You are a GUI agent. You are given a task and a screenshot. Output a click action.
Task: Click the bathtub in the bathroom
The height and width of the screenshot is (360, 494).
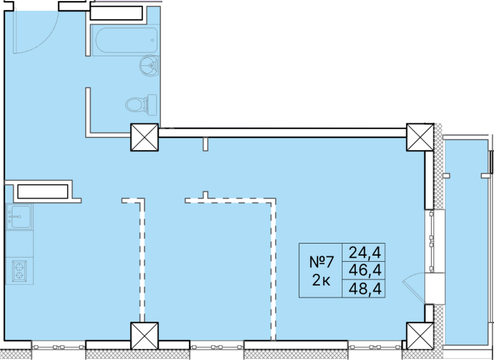point(126,40)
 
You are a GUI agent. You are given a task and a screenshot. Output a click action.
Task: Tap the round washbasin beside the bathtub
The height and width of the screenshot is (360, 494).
point(150,65)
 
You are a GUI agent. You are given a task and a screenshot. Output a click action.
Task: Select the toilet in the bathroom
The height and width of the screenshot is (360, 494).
point(142,104)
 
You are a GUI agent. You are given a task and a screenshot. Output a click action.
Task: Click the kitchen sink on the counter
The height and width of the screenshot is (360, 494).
point(20,217)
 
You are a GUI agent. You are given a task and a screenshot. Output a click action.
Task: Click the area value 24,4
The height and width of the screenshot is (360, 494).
point(365,253)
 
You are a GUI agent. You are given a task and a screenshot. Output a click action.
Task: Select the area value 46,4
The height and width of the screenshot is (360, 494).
point(365,270)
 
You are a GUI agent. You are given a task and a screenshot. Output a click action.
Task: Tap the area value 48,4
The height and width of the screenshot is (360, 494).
point(365,289)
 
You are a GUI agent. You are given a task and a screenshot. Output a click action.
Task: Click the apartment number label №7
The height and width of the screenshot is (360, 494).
point(321,262)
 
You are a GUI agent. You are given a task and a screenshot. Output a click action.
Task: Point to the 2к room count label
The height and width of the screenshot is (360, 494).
point(321,280)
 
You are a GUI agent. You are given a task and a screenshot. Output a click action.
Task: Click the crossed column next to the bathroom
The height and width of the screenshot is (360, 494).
point(145,137)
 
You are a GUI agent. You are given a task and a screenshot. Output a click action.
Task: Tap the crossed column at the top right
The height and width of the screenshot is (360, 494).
point(420,137)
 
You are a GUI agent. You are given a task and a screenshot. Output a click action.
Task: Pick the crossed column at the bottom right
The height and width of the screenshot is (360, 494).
point(420,336)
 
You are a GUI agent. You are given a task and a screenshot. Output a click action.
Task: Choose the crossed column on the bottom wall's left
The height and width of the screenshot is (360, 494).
point(145,336)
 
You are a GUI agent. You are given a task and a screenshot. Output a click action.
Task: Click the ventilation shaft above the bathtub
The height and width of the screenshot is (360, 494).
point(117,13)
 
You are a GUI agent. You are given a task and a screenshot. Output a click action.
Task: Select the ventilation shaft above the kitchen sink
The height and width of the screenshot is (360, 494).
point(43,191)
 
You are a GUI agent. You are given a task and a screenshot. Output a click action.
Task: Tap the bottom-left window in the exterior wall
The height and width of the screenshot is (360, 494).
point(59,347)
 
